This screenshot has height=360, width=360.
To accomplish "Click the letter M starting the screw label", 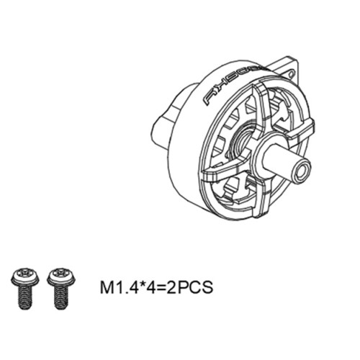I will click(x=105, y=288).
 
